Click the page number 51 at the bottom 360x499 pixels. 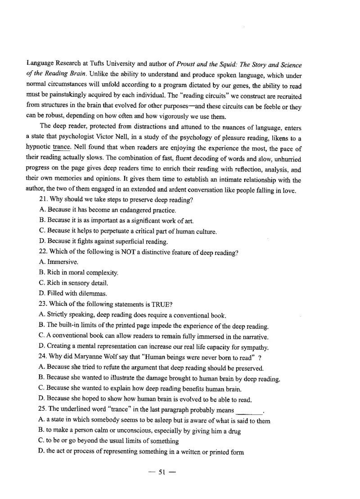point(162,472)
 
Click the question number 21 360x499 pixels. point(45,201)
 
